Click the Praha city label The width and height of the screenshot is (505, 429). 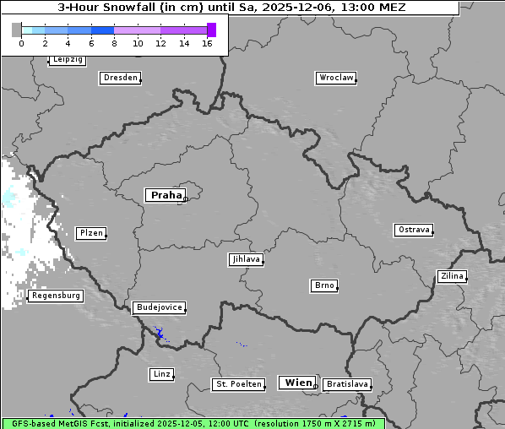click(x=166, y=195)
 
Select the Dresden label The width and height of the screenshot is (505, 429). click(x=119, y=78)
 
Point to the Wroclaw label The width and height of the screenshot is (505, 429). click(x=336, y=78)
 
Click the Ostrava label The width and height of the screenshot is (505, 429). click(x=414, y=230)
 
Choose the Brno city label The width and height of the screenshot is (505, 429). click(x=324, y=285)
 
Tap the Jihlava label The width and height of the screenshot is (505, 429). click(x=245, y=259)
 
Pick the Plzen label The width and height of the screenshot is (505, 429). click(x=90, y=233)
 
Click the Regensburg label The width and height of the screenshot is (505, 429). click(x=55, y=296)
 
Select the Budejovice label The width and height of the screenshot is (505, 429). click(x=158, y=307)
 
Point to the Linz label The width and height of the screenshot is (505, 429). click(x=160, y=373)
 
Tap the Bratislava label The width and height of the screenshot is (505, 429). click(x=346, y=384)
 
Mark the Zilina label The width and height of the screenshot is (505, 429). click(x=452, y=276)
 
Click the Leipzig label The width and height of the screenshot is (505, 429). click(x=67, y=60)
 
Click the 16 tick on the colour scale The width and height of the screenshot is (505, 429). click(x=207, y=42)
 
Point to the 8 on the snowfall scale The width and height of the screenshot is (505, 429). click(x=114, y=42)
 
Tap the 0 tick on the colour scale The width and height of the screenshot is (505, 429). click(x=21, y=42)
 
